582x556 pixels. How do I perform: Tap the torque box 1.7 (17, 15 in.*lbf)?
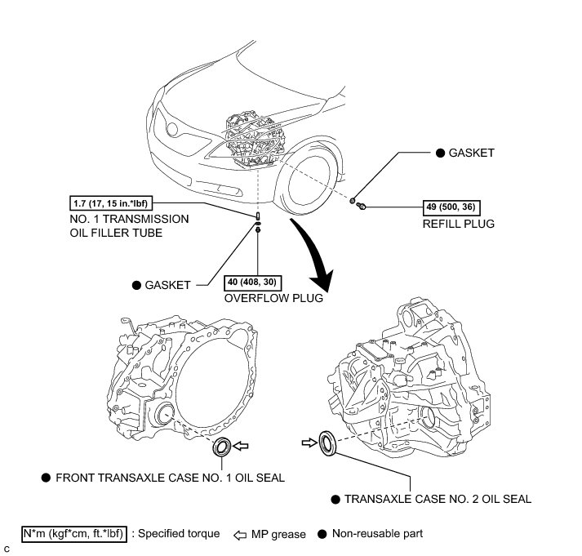point(113,202)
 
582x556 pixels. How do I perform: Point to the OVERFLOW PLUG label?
point(273,298)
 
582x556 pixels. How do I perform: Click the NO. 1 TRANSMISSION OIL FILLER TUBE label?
point(130,225)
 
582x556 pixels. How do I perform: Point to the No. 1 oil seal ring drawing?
point(220,447)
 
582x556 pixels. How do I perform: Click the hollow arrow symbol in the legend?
point(237,534)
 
